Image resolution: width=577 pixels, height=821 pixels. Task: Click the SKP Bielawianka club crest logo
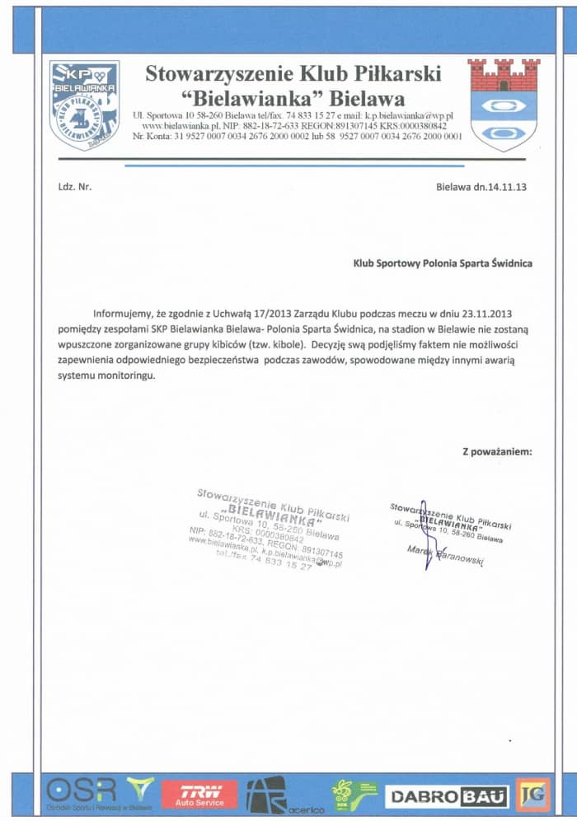coord(84,105)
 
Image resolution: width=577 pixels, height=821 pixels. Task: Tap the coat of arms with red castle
coord(504,105)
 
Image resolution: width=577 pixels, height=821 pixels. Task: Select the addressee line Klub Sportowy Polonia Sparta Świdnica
coord(443,264)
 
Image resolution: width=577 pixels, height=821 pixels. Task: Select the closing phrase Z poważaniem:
coord(497,451)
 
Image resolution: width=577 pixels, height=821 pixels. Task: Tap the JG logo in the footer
coord(532,794)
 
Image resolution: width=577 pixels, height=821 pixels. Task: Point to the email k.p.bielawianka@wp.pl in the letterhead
coord(404,116)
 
